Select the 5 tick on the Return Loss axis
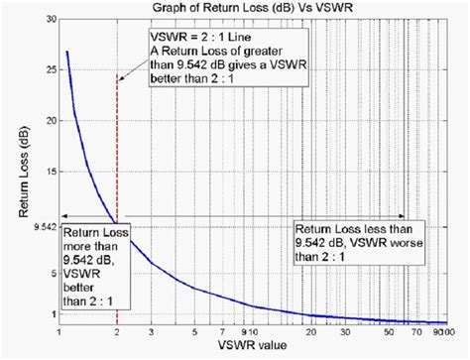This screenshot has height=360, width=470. pos(52,266)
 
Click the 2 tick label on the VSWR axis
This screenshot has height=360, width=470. pos(118,332)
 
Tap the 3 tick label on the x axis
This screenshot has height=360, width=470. pos(151,332)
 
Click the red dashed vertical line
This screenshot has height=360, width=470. pos(118,149)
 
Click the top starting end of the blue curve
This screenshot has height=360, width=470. pos(66,52)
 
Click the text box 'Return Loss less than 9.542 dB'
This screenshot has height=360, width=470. pos(347,239)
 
